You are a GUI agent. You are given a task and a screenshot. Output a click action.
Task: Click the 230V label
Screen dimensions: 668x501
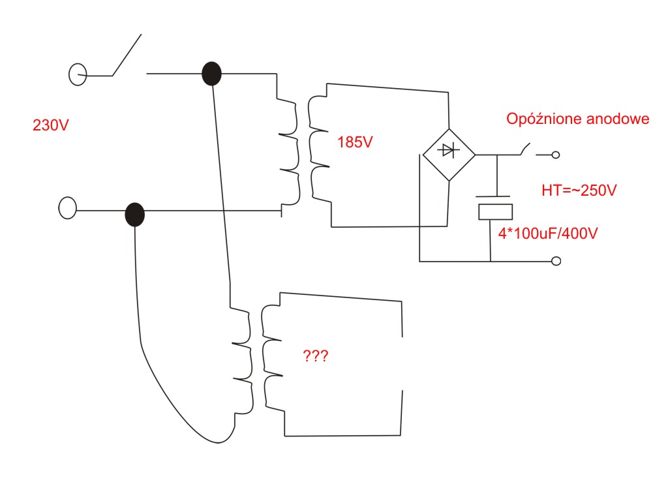pyautogui.click(x=50, y=125)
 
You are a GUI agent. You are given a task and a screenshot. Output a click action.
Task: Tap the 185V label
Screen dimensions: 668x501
pyautogui.click(x=355, y=142)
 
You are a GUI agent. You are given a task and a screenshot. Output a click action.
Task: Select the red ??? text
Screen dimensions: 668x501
pyautogui.click(x=315, y=356)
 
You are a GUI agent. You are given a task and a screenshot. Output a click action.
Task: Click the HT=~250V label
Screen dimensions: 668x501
pyautogui.click(x=579, y=190)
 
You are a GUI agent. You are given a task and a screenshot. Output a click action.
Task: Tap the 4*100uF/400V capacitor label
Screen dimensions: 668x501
pyautogui.click(x=548, y=234)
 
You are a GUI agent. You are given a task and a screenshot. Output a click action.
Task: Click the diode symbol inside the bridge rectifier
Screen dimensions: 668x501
pyautogui.click(x=448, y=150)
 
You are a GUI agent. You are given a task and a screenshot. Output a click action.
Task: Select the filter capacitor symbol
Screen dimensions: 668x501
pyautogui.click(x=494, y=208)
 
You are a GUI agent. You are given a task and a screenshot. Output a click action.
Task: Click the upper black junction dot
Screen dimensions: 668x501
pyautogui.click(x=211, y=74)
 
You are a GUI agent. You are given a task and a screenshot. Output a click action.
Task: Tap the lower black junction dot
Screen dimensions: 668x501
pyautogui.click(x=134, y=214)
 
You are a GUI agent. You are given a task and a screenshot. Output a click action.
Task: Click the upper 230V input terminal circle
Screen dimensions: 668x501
pyautogui.click(x=78, y=74)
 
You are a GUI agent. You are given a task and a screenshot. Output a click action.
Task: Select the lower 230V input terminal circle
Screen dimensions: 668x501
pyautogui.click(x=67, y=208)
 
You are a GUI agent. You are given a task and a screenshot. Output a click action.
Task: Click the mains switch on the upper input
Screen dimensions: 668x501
pyautogui.click(x=127, y=55)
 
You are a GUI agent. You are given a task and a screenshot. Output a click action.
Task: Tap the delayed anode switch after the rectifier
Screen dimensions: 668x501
pyautogui.click(x=525, y=149)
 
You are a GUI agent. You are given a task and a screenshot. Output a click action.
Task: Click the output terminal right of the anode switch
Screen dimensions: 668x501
pyautogui.click(x=556, y=155)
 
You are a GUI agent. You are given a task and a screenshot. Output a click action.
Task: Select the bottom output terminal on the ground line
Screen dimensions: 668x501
pyautogui.click(x=556, y=261)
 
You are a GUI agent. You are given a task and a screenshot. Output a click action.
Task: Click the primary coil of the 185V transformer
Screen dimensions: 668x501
pyautogui.click(x=289, y=153)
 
